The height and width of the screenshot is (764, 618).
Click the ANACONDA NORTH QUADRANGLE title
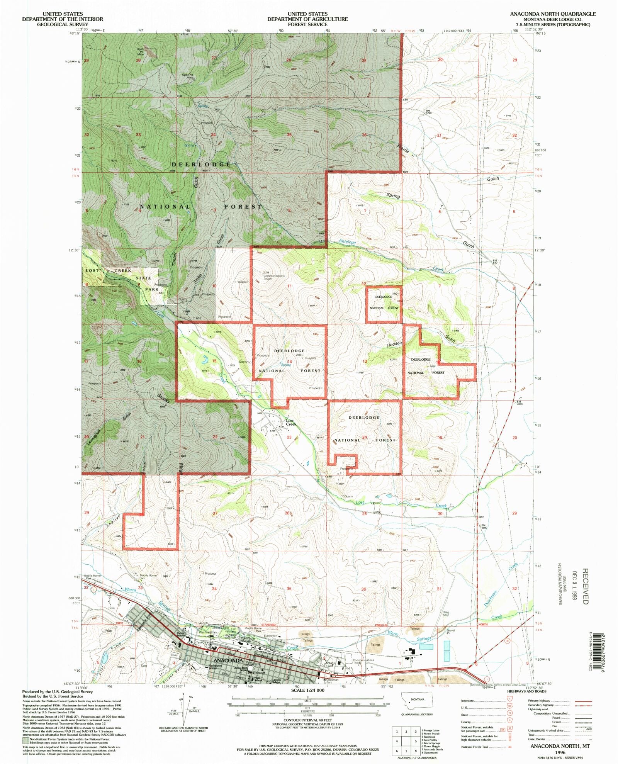(x=552, y=14)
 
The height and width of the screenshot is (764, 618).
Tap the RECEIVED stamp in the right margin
(x=585, y=586)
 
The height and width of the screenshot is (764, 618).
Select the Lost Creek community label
(x=291, y=423)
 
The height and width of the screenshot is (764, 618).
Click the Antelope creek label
(x=347, y=242)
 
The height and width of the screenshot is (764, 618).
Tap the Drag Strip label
(x=446, y=613)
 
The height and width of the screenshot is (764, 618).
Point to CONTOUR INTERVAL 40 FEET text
(x=307, y=720)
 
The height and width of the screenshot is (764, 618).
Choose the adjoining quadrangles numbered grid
(x=406, y=741)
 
